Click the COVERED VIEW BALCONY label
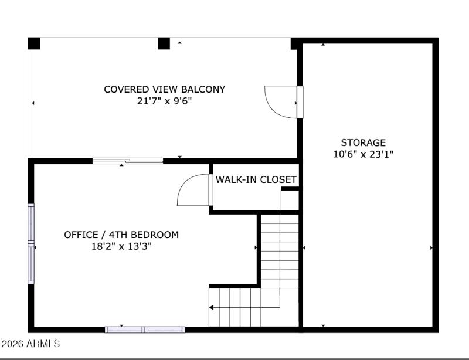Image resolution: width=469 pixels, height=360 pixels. (x=164, y=90)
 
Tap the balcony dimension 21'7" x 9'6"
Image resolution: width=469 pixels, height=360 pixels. (x=164, y=101)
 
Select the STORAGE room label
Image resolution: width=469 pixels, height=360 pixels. (x=363, y=142)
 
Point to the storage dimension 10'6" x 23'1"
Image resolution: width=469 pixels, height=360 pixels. (x=363, y=154)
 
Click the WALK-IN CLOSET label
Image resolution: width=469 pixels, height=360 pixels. (x=256, y=179)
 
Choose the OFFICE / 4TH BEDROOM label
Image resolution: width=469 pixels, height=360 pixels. (x=121, y=235)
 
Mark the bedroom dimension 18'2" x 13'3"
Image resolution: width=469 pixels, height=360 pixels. (x=121, y=247)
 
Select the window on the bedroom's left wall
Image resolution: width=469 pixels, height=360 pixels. (x=31, y=243)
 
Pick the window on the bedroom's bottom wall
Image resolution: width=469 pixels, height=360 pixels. (x=145, y=330)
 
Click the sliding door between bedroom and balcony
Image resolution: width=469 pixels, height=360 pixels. (x=128, y=161)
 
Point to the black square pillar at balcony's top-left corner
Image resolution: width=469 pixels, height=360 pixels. (x=34, y=43)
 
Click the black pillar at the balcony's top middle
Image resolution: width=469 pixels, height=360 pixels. (x=164, y=43)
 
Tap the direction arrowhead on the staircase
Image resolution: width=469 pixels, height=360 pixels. (x=211, y=307)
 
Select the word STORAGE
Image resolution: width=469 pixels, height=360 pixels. (x=363, y=142)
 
